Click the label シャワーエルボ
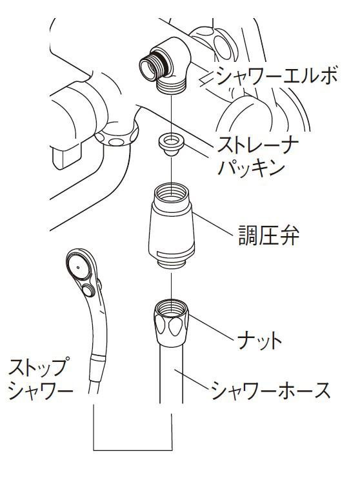click(x=277, y=75)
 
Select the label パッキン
click(x=251, y=168)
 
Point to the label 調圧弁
click(x=269, y=235)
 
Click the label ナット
click(x=259, y=341)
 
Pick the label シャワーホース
click(x=271, y=390)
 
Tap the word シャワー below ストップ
click(x=41, y=390)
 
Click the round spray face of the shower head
click(x=79, y=266)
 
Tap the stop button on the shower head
click(x=88, y=289)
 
